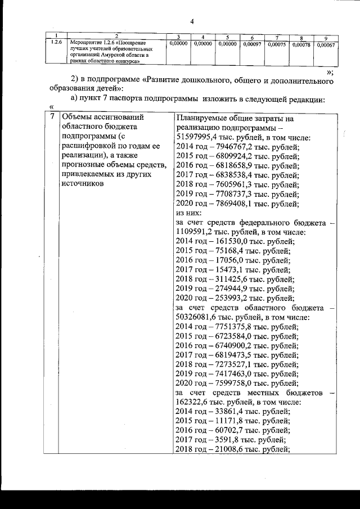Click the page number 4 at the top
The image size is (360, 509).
click(x=192, y=22)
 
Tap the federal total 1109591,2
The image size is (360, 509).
click(x=197, y=232)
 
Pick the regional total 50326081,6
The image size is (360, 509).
click(x=200, y=318)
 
